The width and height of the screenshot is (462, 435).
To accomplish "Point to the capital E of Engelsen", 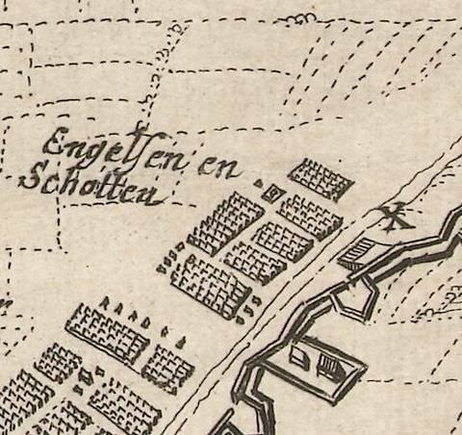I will tap(56, 145).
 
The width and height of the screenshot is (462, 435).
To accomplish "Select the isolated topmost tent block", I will tap(321, 177).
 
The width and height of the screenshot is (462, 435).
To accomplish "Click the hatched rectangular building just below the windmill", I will tap(356, 252).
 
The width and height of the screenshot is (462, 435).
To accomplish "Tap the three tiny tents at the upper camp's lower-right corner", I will tap(251, 306).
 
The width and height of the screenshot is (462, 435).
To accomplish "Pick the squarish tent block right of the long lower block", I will tap(168, 368).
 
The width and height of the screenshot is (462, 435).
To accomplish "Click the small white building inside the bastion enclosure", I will tap(299, 360).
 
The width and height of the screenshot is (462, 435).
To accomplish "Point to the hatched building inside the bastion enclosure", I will tap(330, 367).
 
